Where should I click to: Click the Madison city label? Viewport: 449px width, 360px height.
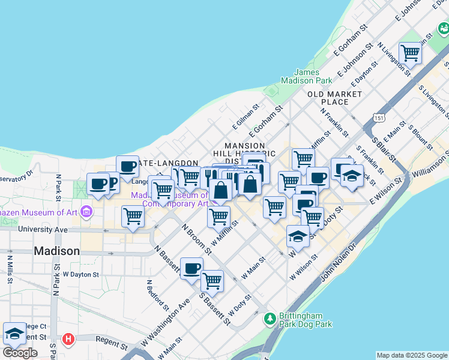point(56,251)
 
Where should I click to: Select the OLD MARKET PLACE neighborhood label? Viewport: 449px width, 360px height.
point(334,98)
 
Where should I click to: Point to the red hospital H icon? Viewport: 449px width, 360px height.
point(68,339)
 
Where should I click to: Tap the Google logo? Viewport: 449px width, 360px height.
point(20,352)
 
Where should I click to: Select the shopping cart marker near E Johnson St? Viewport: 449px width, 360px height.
point(411,53)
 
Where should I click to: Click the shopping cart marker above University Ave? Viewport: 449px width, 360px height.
point(133,216)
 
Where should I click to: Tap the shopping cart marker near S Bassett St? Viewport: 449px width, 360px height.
point(212,280)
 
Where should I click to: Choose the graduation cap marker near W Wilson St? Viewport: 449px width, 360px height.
point(298,236)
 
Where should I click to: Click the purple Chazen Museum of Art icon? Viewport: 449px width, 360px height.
point(86,211)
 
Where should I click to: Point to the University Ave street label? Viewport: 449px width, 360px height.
point(43,229)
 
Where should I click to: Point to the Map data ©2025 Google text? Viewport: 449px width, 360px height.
point(412,355)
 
